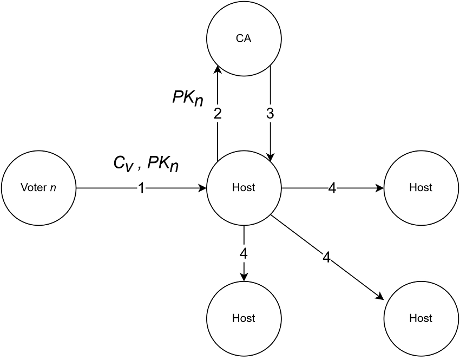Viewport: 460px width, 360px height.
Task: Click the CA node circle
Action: tap(244, 39)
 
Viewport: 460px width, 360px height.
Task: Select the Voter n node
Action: tap(40, 188)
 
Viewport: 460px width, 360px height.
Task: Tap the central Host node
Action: tap(244, 188)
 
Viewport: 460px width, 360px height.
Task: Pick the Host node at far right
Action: tap(421, 188)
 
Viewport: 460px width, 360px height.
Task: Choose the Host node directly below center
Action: tap(244, 318)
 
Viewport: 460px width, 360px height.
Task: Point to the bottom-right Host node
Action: tap(421, 318)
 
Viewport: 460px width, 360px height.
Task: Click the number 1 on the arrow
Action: tap(141, 188)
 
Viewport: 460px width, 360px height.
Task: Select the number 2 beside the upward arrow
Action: tap(218, 114)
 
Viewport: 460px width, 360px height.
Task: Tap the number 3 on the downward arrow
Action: tap(271, 114)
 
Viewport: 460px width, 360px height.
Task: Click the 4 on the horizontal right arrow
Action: tap(332, 188)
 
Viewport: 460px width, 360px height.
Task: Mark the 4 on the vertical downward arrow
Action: tap(244, 253)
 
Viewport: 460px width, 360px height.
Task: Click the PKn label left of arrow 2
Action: tap(188, 97)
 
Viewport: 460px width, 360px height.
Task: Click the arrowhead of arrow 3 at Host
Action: tap(271, 157)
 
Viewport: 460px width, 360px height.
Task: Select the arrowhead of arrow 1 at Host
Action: tap(202, 188)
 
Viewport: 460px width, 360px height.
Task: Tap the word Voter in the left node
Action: tap(31, 188)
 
